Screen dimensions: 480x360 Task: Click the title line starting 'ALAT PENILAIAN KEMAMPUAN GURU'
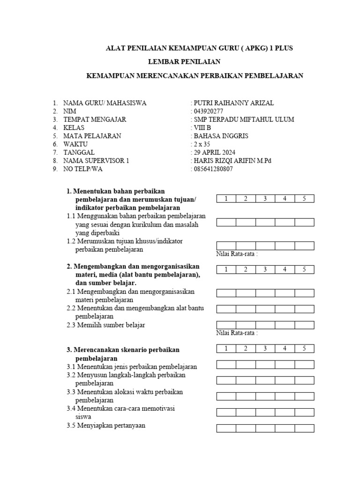(199, 48)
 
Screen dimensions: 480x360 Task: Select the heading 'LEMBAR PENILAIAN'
(184, 61)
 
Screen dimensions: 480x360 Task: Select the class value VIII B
(202, 127)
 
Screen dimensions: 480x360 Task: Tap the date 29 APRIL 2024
(214, 152)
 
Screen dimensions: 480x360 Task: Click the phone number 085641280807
(212, 169)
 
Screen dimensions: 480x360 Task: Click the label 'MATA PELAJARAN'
(92, 136)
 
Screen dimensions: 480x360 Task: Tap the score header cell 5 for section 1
(304, 199)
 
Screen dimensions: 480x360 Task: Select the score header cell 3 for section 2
(265, 269)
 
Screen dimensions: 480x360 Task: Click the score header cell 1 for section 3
(226, 348)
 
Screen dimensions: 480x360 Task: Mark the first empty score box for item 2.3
(226, 324)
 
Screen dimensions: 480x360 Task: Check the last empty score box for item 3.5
(304, 428)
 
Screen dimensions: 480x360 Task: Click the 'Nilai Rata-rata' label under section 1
(237, 254)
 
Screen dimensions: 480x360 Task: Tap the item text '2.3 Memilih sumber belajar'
(106, 325)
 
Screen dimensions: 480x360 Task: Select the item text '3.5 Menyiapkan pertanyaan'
(106, 426)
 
